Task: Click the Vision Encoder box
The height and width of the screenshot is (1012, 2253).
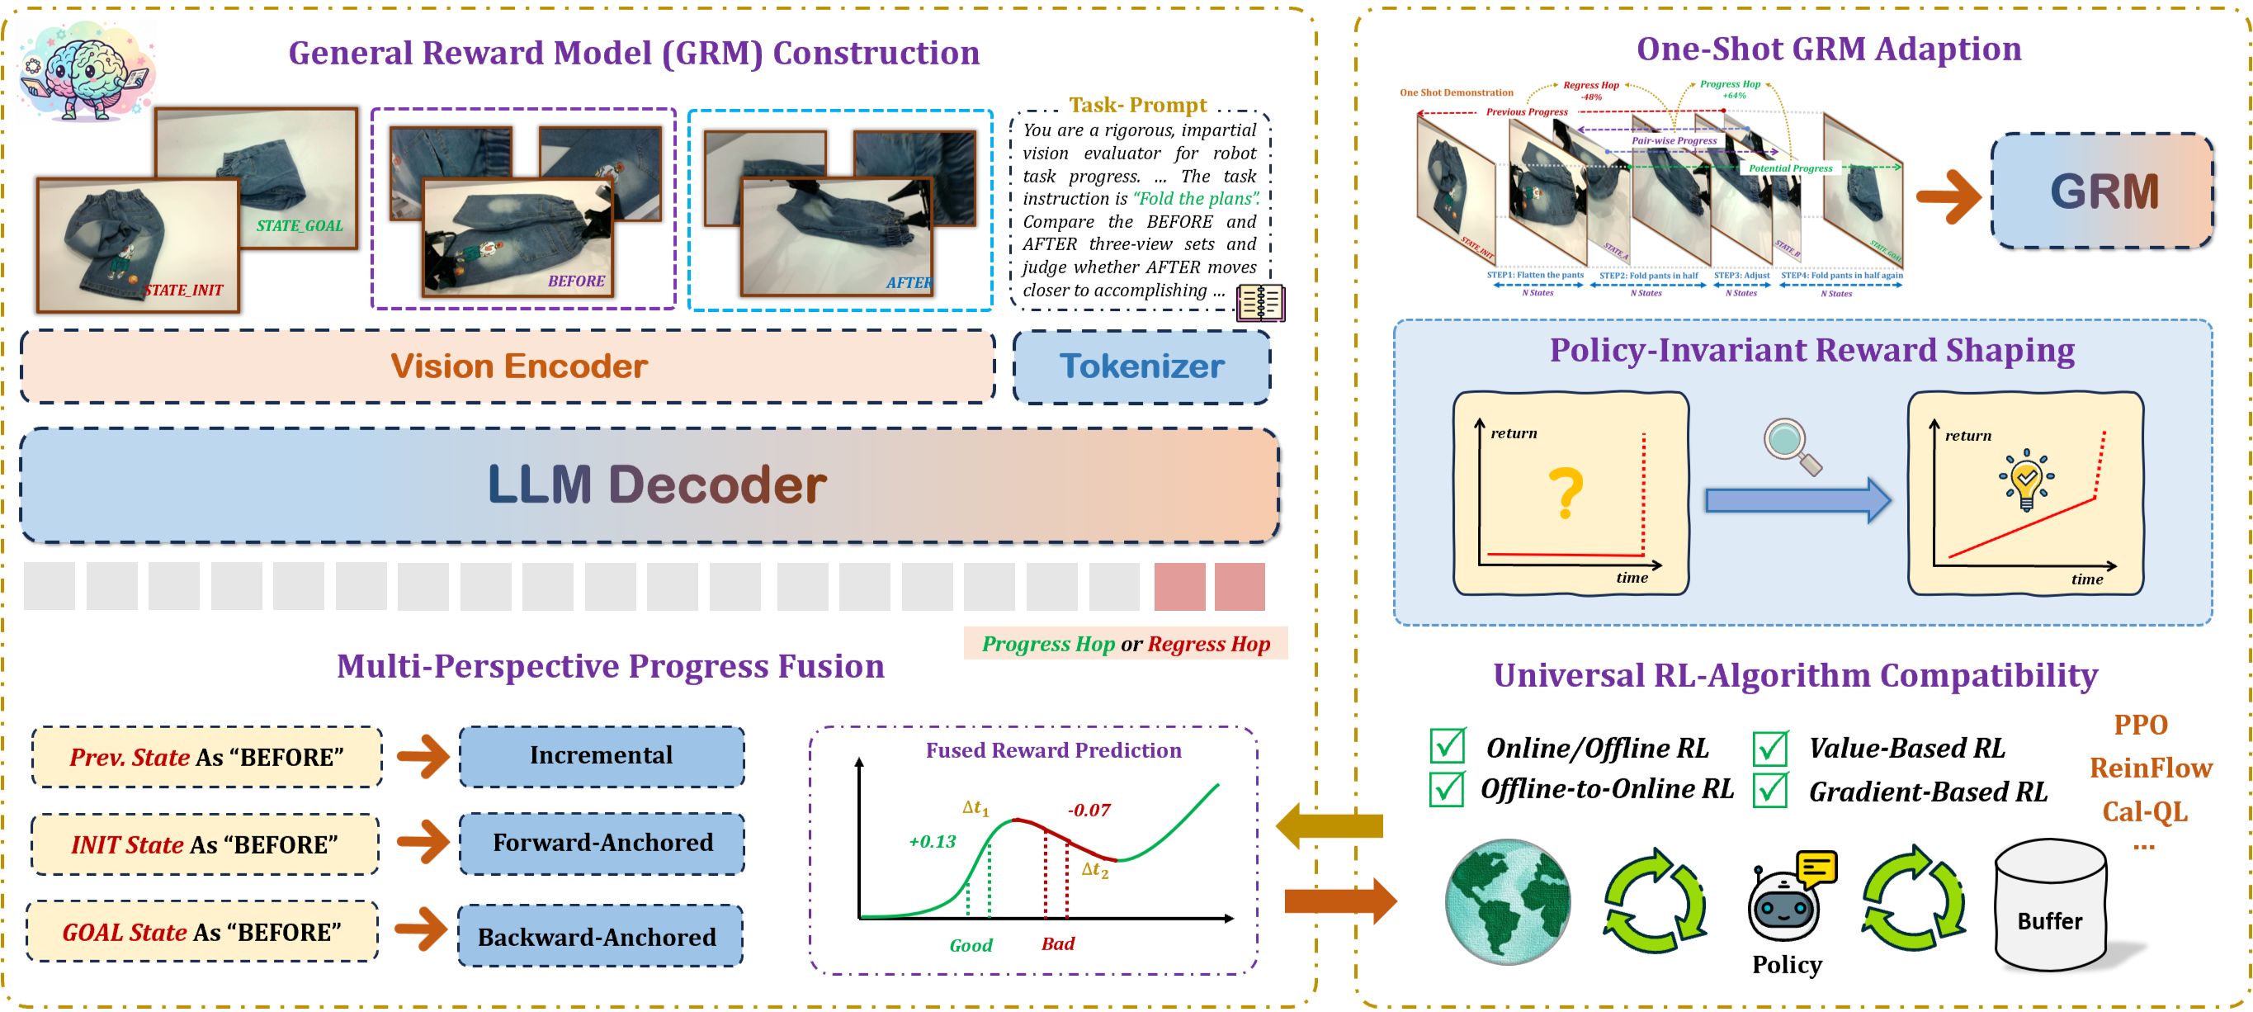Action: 508,366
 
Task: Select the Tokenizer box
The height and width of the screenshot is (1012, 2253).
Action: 1141,366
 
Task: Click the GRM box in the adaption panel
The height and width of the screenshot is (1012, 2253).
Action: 2103,192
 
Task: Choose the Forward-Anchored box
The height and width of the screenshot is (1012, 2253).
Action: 602,843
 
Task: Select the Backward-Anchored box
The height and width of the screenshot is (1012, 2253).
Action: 600,936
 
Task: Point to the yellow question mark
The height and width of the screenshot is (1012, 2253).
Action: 1566,493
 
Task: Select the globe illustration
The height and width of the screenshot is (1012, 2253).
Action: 1507,901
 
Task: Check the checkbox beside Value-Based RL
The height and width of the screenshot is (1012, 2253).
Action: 1770,748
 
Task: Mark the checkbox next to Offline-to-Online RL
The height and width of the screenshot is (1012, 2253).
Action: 1447,789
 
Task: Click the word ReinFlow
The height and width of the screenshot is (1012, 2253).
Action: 2150,768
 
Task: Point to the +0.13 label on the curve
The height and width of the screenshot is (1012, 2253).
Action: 933,841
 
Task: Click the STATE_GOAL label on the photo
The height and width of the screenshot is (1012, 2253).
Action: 299,225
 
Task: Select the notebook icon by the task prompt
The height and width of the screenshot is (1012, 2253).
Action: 1259,303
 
